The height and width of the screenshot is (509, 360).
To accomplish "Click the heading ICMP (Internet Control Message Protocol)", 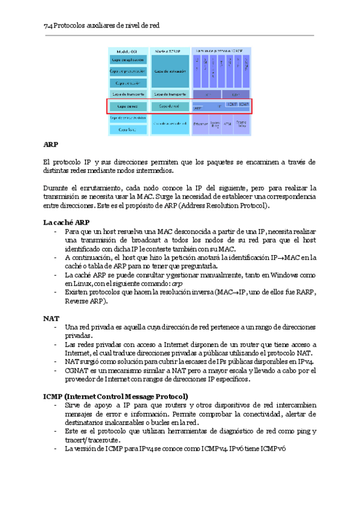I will click(116, 397).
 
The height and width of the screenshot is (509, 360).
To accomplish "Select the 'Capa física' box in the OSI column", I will click(127, 129).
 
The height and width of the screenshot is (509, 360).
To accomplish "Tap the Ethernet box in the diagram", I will click(200, 124).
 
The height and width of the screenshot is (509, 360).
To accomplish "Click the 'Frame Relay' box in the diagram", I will click(242, 124).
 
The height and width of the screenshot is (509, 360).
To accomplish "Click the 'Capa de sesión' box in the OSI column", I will click(127, 83).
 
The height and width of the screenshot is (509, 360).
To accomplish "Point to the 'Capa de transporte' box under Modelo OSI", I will click(127, 94).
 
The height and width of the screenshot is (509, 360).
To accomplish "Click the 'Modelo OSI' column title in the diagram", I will click(127, 52).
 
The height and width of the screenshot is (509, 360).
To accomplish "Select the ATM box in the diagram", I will click(227, 124).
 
